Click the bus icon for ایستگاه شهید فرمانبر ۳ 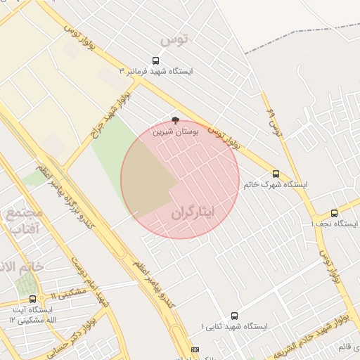(155, 60)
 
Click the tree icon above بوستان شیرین (175, 120)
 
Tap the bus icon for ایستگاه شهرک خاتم (276, 174)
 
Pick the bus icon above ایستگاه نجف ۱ (334, 212)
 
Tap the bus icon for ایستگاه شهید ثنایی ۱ (234, 316)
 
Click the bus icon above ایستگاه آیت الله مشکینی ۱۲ (32, 299)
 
